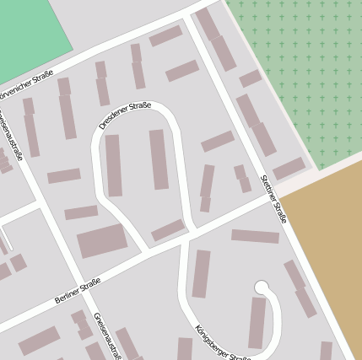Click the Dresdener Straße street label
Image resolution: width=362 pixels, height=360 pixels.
[125, 115]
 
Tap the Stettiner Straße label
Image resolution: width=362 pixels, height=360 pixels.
[274, 199]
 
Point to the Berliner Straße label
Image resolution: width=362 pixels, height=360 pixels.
[78, 289]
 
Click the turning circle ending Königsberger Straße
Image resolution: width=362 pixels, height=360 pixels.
[262, 288]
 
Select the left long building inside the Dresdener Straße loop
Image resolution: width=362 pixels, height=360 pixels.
[113, 165]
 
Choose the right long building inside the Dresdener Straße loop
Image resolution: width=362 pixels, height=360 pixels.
[159, 159]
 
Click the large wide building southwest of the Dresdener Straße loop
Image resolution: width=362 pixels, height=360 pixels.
[102, 241]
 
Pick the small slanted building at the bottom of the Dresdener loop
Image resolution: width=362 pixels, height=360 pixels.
[168, 229]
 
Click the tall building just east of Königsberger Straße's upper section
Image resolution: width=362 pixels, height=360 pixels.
[201, 273]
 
